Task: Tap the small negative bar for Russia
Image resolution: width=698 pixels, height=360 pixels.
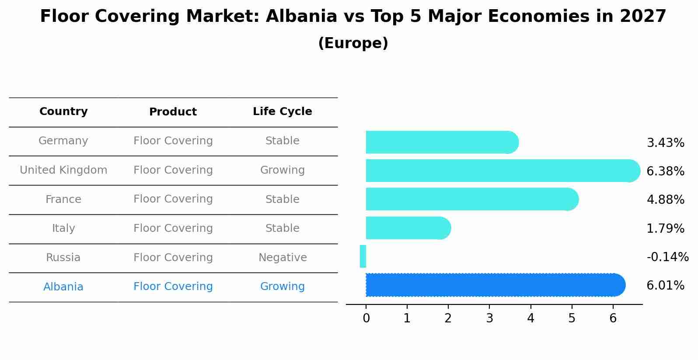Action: click(x=363, y=256)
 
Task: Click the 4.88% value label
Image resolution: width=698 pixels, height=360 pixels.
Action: click(x=665, y=200)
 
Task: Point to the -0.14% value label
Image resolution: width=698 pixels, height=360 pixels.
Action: click(x=667, y=257)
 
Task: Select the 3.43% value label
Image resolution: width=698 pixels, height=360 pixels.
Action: click(x=665, y=143)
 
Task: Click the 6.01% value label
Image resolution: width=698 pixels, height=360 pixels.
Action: click(x=665, y=286)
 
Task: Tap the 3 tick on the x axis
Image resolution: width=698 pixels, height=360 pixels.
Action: click(x=489, y=318)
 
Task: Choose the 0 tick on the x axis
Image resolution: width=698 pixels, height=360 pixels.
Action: click(x=366, y=318)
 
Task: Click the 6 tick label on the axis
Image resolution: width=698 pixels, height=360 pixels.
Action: click(x=613, y=318)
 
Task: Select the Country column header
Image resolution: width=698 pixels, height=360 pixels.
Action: click(x=63, y=112)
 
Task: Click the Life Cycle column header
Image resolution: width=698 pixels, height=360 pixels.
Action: click(x=282, y=112)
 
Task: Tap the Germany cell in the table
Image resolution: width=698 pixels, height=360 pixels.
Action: click(x=63, y=141)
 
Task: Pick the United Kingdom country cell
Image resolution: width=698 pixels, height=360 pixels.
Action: click(x=63, y=170)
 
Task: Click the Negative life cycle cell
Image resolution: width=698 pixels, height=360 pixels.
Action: click(x=282, y=258)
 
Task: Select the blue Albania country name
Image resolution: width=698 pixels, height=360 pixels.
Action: click(x=63, y=287)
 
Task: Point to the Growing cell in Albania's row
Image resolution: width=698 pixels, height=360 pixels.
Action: click(x=282, y=287)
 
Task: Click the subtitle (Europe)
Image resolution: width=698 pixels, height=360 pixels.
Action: click(x=353, y=43)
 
